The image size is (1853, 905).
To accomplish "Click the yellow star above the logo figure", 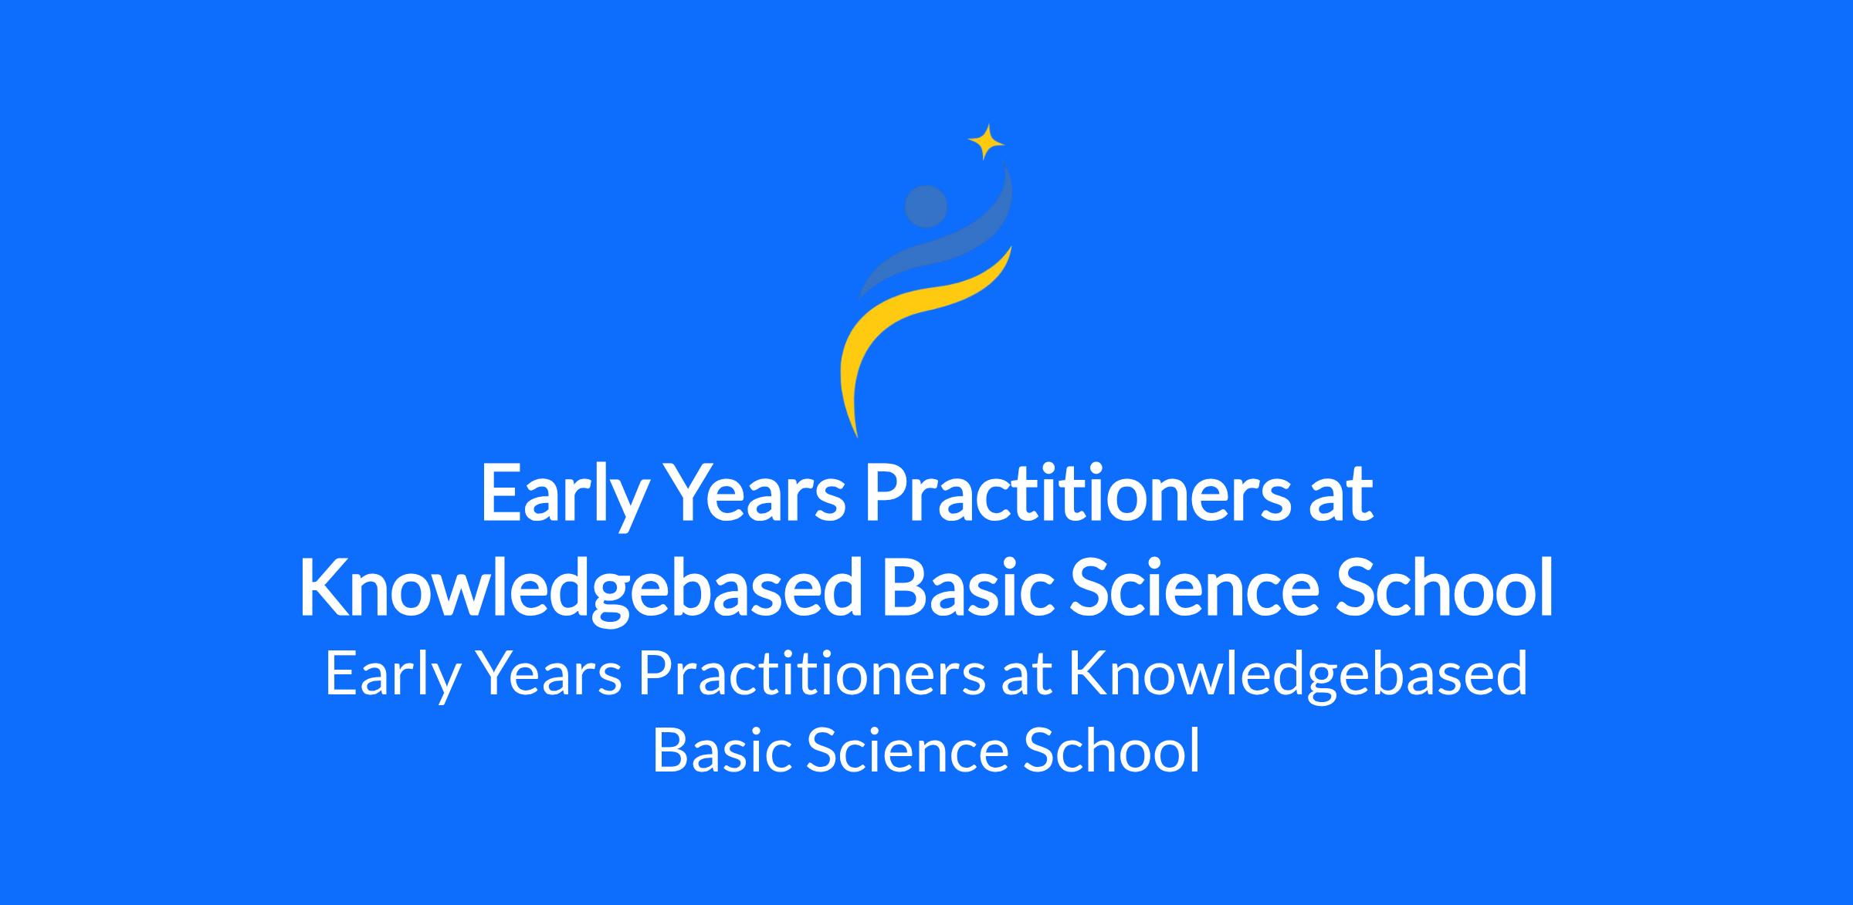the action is click(x=986, y=142).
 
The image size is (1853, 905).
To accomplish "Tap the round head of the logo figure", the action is click(x=926, y=207).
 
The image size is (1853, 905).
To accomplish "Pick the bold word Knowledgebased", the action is click(x=580, y=590).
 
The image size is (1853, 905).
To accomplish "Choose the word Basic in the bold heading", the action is click(x=967, y=590).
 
